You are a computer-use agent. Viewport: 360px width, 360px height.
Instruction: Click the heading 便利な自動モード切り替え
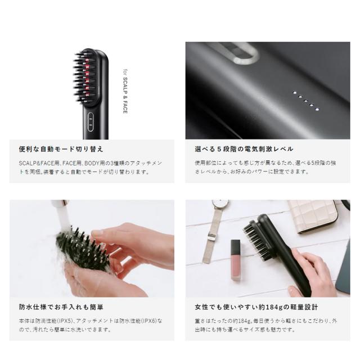click(x=61, y=149)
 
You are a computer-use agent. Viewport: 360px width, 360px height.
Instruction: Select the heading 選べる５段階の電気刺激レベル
click(x=244, y=149)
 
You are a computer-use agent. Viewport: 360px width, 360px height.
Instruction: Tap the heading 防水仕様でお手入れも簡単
click(x=61, y=307)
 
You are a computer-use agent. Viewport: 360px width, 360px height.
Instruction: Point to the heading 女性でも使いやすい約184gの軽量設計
click(x=256, y=307)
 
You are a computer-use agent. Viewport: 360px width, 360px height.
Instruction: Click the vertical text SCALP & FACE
click(x=125, y=95)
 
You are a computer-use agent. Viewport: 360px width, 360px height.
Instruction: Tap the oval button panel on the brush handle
click(x=91, y=121)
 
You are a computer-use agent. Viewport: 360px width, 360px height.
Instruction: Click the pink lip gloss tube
click(x=236, y=260)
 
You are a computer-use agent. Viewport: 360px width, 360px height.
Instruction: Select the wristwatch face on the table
click(x=220, y=204)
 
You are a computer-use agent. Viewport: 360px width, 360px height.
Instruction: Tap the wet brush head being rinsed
click(x=82, y=249)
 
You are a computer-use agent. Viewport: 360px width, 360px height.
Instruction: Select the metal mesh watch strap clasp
click(x=211, y=236)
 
